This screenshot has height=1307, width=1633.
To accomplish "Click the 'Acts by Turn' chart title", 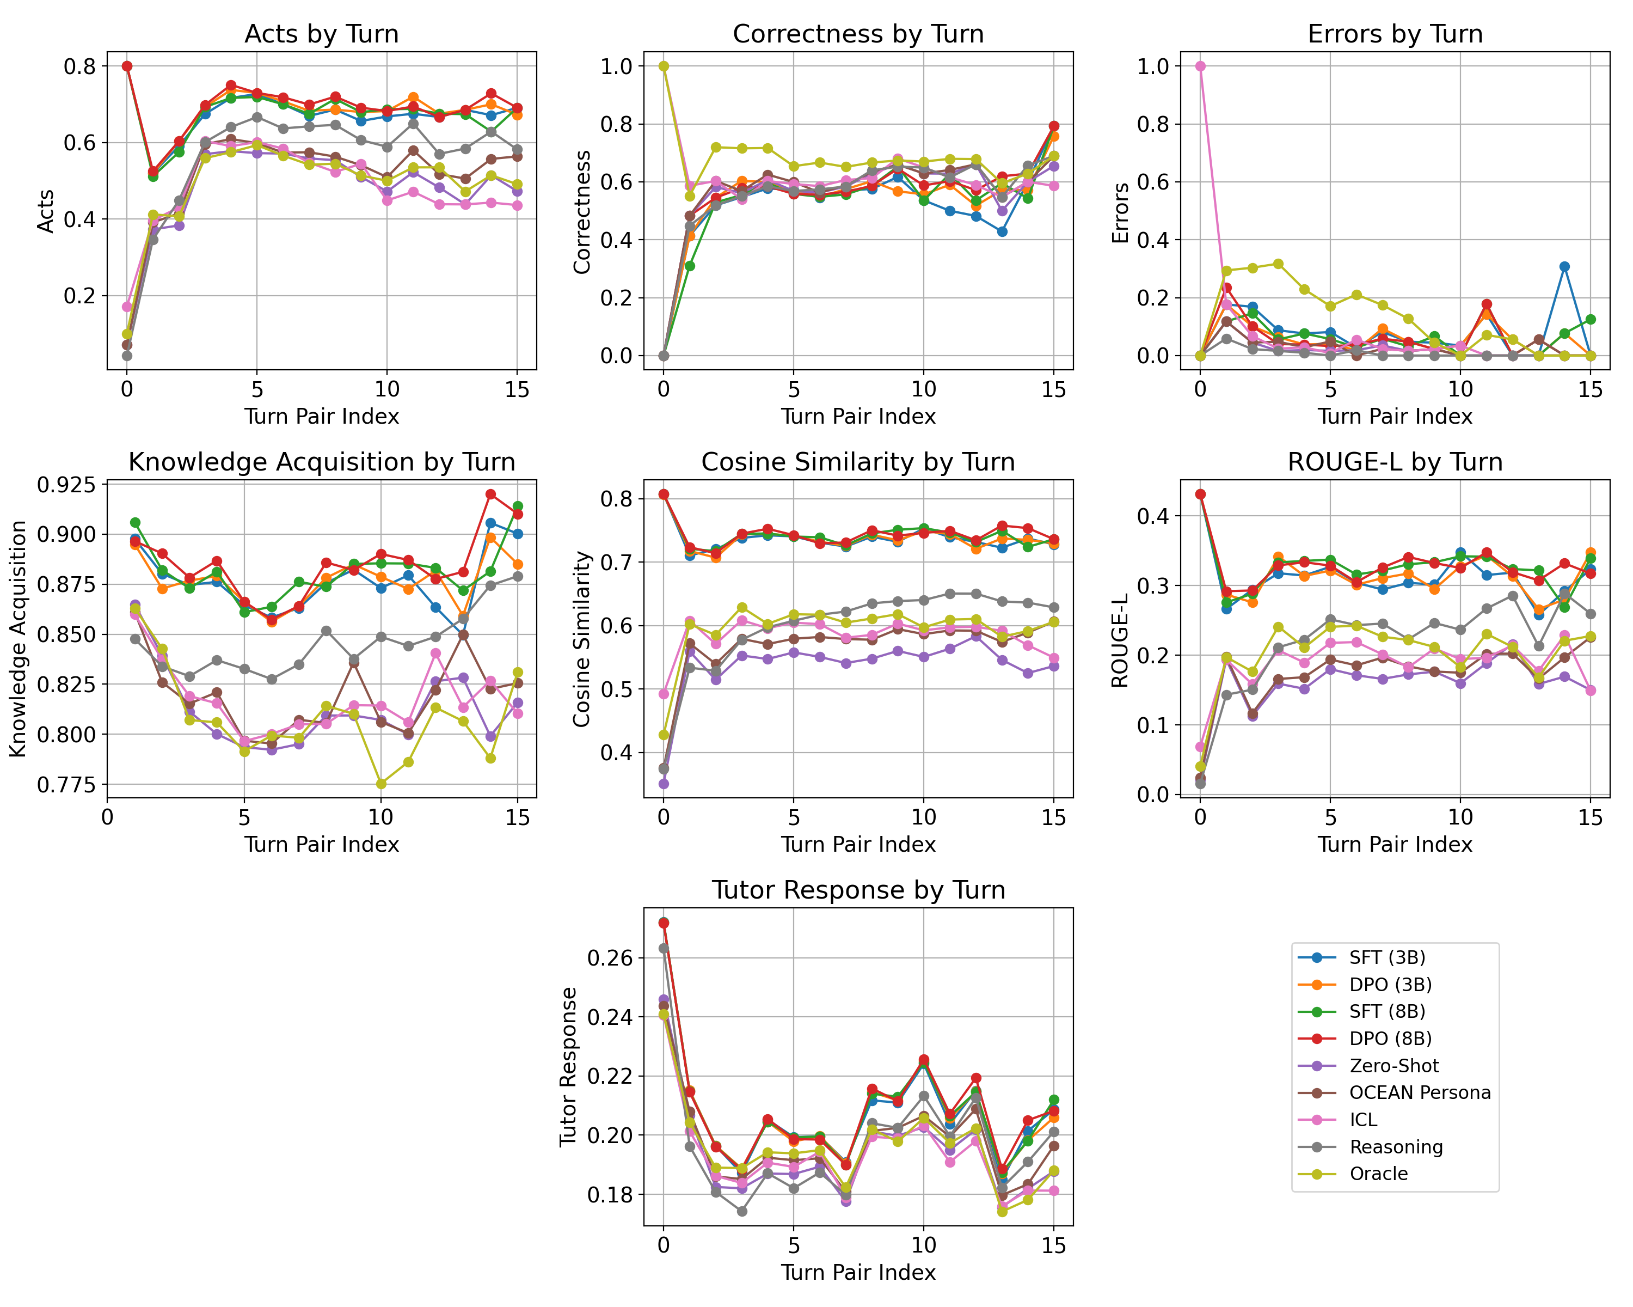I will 321,34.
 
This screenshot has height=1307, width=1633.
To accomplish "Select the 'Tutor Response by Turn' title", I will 858,890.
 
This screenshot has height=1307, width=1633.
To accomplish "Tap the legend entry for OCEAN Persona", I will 1420,1092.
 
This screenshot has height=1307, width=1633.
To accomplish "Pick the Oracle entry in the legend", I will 1378,1174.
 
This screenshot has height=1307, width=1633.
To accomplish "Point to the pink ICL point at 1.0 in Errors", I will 1200,66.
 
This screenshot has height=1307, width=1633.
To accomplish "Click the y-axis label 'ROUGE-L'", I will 1120,640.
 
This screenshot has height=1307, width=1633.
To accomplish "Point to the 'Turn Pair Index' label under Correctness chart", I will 858,417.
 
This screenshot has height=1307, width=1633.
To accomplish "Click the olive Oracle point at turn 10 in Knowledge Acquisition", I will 381,784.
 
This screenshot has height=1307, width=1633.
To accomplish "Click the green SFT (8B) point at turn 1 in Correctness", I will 690,266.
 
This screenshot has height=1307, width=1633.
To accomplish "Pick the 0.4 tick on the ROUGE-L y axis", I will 1151,516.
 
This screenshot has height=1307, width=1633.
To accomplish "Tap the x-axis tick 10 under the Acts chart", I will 387,389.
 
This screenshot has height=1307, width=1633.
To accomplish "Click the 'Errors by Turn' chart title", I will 1395,34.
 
